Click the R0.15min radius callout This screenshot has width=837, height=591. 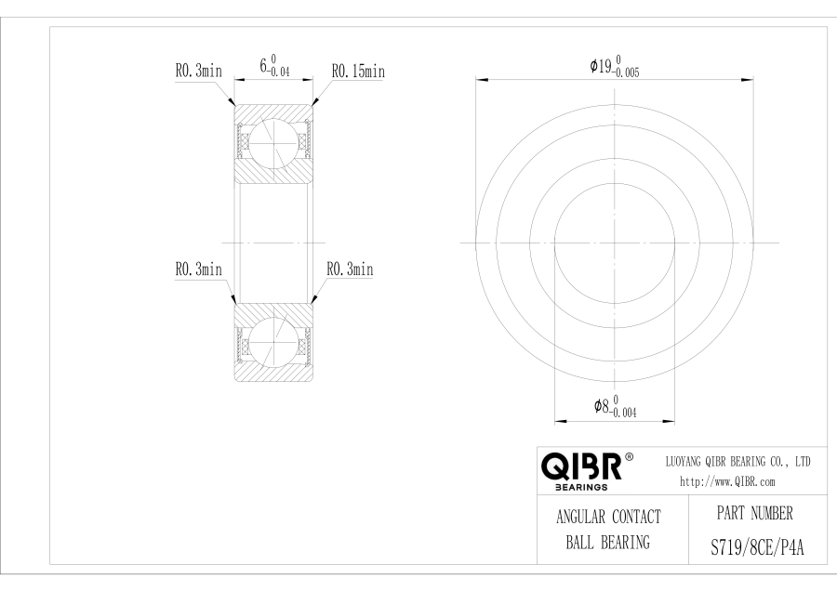coord(358,71)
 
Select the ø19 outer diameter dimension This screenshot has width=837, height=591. coord(615,67)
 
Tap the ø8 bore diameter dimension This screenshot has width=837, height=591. coord(615,406)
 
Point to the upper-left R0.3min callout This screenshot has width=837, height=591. coord(199,71)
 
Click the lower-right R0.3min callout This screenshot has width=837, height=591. coord(351,269)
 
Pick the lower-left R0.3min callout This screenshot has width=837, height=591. coord(199,269)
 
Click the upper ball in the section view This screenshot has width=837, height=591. coord(273,143)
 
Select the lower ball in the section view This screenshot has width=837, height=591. coord(273,342)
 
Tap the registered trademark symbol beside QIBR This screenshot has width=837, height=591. coord(629,457)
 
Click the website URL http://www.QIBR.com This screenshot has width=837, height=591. coord(727,482)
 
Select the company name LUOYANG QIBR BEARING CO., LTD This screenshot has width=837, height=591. coord(737,462)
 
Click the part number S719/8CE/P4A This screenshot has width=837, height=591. coord(757,547)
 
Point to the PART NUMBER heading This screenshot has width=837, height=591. coord(755,514)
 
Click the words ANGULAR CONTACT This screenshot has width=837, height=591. coord(608,517)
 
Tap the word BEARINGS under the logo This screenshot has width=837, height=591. coord(581,487)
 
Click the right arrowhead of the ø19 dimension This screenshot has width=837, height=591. coord(748,80)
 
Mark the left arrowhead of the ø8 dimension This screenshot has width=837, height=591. coord(561,421)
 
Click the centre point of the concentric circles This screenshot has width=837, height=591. coord(615,243)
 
